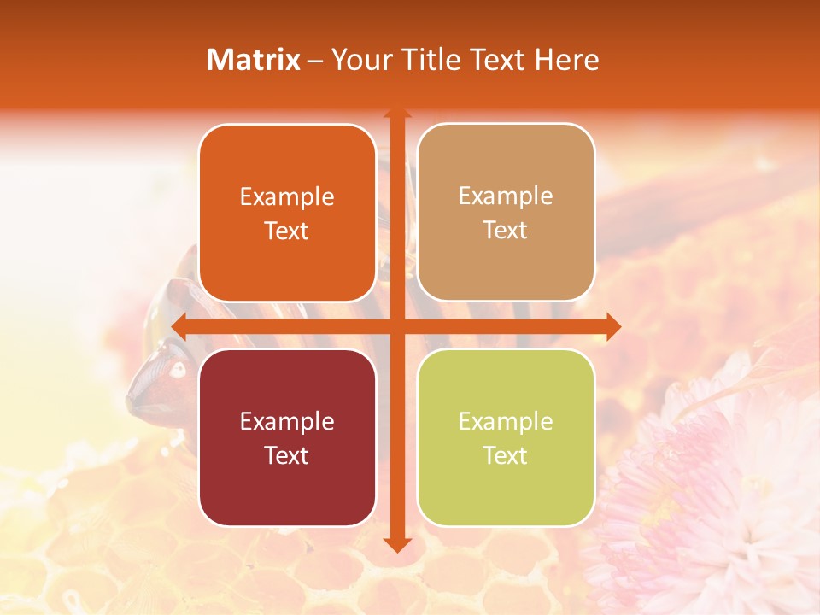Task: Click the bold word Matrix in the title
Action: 254,60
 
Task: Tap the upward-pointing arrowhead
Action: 396,114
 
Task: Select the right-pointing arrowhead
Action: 612,326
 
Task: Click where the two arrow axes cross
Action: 396,326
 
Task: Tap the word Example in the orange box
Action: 287,196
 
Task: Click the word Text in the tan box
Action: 506,231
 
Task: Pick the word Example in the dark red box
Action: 287,421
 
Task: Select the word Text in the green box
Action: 506,455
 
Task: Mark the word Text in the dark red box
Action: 287,455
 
